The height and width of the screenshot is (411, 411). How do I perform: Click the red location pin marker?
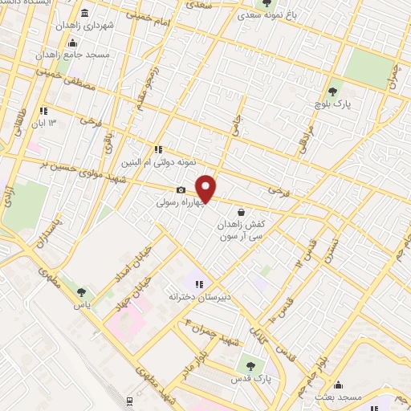pyautogui.click(x=206, y=188)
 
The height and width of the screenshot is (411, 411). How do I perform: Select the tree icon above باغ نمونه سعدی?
pyautogui.click(x=267, y=3)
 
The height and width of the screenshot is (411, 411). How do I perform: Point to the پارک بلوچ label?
pyautogui.click(x=334, y=104)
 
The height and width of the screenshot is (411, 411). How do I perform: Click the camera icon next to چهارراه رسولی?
pyautogui.click(x=181, y=190)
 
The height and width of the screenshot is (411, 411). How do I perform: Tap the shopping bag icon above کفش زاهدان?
pyautogui.click(x=242, y=213)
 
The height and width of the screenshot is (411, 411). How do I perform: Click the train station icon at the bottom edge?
pyautogui.click(x=129, y=400)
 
